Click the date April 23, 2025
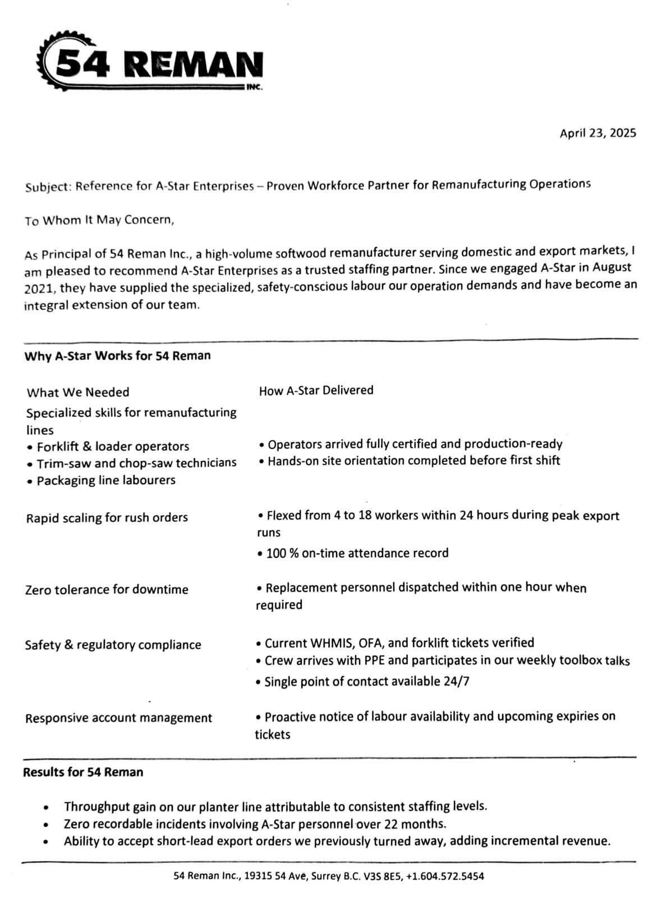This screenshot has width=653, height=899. coord(597,133)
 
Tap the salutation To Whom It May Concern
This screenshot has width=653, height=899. coord(99,220)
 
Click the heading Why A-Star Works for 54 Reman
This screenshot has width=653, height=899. coord(117,356)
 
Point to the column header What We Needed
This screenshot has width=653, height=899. coord(77,392)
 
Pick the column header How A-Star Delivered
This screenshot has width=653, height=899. coord(316,391)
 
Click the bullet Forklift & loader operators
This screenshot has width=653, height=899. coord(112,447)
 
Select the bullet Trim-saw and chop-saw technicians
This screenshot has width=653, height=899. coord(136,464)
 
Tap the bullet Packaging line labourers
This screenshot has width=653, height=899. coord(105,480)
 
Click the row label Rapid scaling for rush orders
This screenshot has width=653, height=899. coord(107,517)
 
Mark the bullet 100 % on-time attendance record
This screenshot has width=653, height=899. coord(357,553)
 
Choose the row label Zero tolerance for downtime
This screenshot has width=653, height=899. coord(107,590)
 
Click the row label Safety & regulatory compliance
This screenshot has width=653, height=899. coord(113,645)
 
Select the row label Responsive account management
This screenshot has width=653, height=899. coord(118,718)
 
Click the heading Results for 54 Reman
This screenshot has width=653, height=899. coord(83,772)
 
